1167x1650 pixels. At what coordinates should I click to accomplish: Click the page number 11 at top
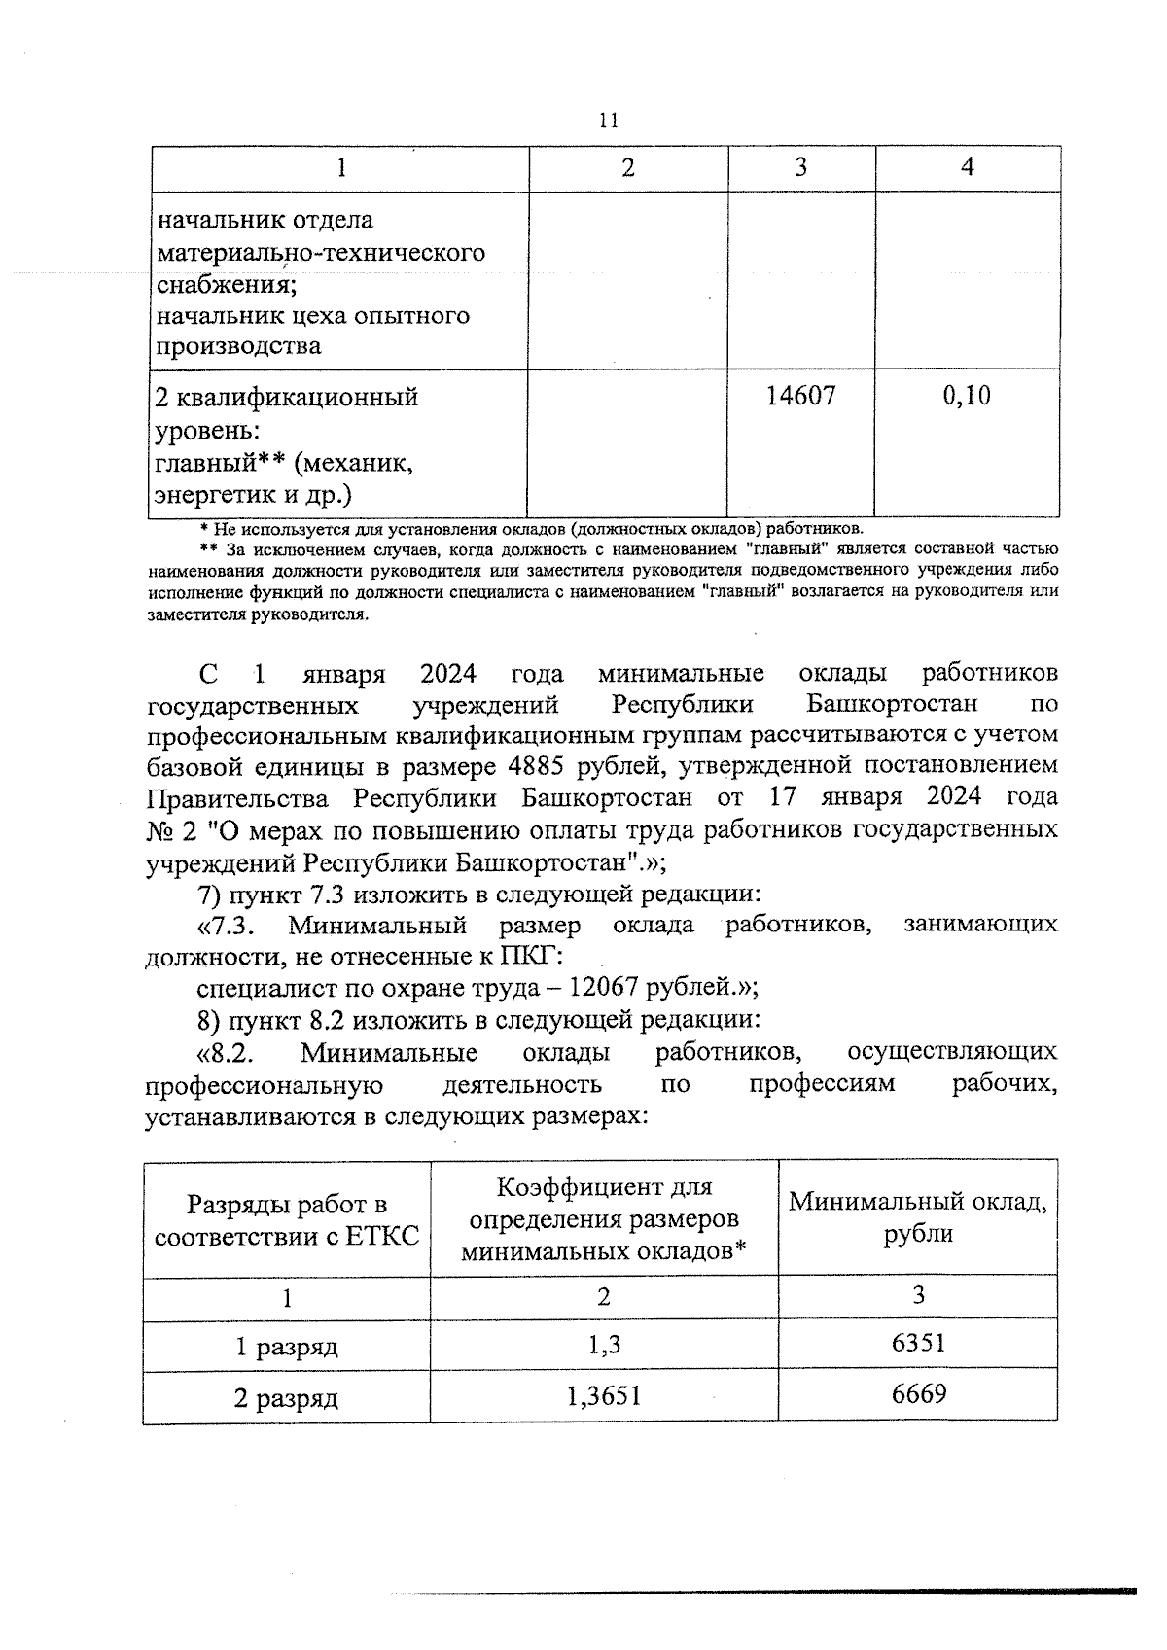(x=609, y=121)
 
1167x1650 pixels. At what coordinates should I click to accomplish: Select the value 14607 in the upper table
(x=800, y=396)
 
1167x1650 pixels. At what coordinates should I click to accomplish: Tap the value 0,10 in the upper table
(x=967, y=396)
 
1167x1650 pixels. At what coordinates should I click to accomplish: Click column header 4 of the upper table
(x=967, y=167)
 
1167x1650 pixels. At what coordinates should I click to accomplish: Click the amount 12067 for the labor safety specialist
(x=602, y=988)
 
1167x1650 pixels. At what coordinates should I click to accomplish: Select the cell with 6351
(x=918, y=1344)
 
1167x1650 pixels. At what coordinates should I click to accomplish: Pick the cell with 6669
(x=918, y=1395)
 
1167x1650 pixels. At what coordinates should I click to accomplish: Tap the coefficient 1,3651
(x=603, y=1397)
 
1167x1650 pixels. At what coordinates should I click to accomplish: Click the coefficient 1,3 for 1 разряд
(x=603, y=1346)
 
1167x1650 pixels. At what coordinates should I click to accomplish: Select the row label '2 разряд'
(x=286, y=1399)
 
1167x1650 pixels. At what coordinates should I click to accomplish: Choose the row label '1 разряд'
(x=286, y=1348)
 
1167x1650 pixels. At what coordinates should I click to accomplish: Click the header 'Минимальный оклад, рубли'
(x=918, y=1217)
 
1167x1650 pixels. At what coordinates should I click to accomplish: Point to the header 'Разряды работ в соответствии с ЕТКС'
(x=287, y=1221)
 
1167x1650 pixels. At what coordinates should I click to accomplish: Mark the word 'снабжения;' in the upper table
(x=226, y=284)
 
